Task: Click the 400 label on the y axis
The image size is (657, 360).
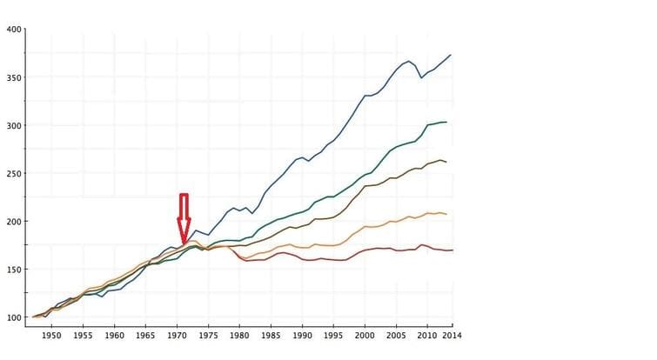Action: (x=14, y=30)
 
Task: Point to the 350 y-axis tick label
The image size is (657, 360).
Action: (x=14, y=77)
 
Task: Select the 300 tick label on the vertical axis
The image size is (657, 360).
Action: (x=14, y=125)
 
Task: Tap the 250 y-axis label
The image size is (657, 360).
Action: (x=14, y=174)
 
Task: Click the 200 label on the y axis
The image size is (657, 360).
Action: (x=14, y=222)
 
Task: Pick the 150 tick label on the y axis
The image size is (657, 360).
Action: (x=14, y=270)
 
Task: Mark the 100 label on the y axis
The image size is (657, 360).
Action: (x=14, y=317)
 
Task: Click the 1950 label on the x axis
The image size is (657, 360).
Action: (x=51, y=335)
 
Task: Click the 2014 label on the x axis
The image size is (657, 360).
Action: (x=452, y=335)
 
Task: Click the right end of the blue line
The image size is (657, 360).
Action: (x=451, y=55)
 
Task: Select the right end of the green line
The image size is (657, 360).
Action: (x=447, y=122)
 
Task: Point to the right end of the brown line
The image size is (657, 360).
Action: (x=447, y=162)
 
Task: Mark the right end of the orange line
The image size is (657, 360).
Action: (x=447, y=214)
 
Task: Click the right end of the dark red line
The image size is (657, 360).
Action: (x=453, y=250)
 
